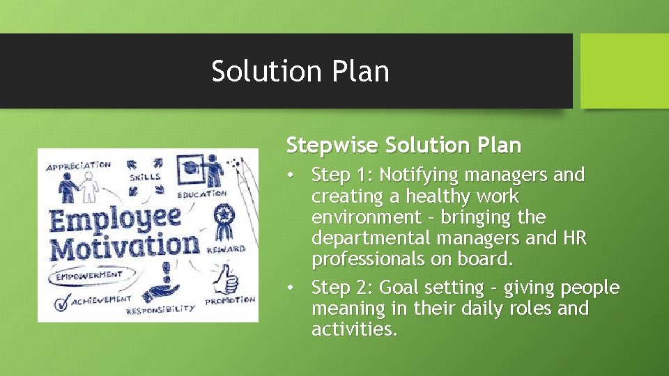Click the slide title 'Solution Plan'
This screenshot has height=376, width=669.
[300, 72]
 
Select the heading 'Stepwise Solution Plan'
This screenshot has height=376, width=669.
[403, 146]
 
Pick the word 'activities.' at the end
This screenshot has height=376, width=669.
[354, 330]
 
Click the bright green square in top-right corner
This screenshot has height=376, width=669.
[624, 71]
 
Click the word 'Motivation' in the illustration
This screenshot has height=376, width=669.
[124, 246]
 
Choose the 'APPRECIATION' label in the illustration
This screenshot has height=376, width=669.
[77, 166]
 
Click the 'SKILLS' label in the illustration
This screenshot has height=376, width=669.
[144, 177]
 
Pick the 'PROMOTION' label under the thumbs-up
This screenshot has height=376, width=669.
[229, 301]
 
